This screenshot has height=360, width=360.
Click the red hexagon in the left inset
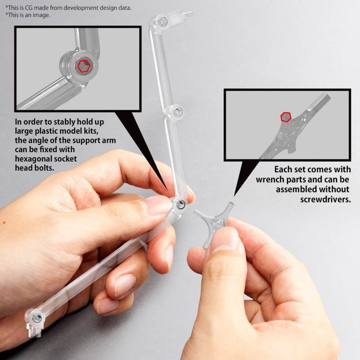pos(84,67)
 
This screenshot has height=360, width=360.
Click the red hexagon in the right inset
pos(286,117)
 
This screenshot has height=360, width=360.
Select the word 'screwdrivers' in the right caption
pos(325,198)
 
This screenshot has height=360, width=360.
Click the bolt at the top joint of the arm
pos(163,22)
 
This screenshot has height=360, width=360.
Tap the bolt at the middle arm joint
pos(178,112)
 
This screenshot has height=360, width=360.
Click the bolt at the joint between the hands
pos(180,205)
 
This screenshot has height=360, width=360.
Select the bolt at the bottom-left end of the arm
pos(37,318)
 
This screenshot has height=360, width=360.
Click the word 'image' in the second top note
pos(41,15)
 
